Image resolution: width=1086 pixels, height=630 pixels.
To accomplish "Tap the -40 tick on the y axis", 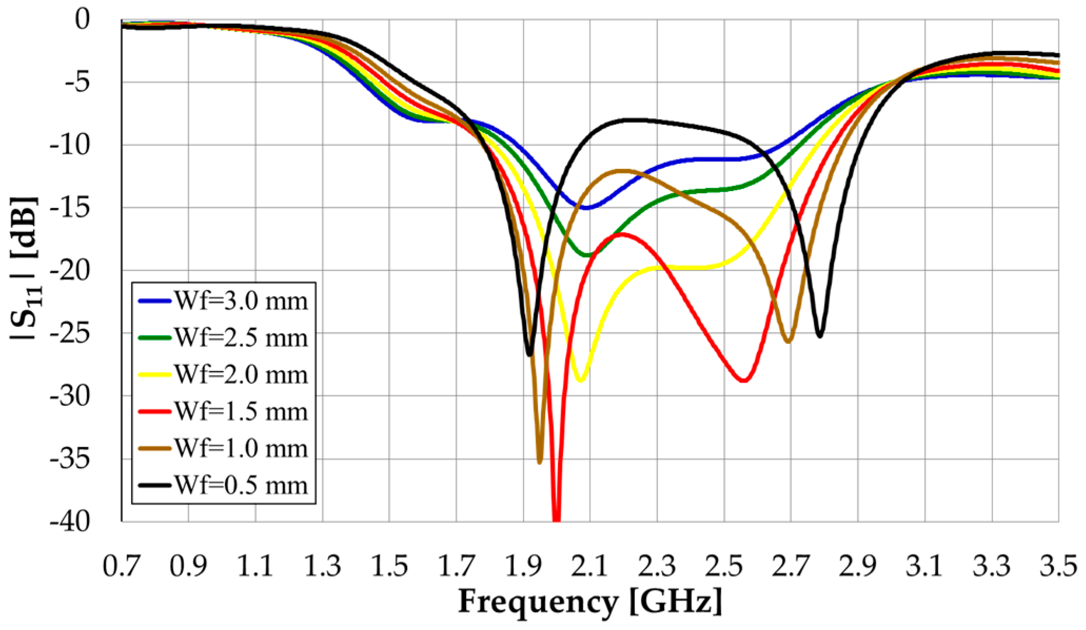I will click(x=76, y=521).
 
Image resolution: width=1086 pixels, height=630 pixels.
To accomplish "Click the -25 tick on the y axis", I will click(x=76, y=333).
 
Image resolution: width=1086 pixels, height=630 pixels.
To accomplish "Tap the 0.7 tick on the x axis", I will click(x=122, y=566).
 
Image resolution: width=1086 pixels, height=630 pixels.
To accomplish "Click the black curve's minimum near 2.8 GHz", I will click(x=820, y=336).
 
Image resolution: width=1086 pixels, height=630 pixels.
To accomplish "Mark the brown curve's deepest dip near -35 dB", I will click(x=539, y=462).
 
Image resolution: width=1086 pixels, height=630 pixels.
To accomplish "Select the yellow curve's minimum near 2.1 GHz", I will click(x=580, y=380).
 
